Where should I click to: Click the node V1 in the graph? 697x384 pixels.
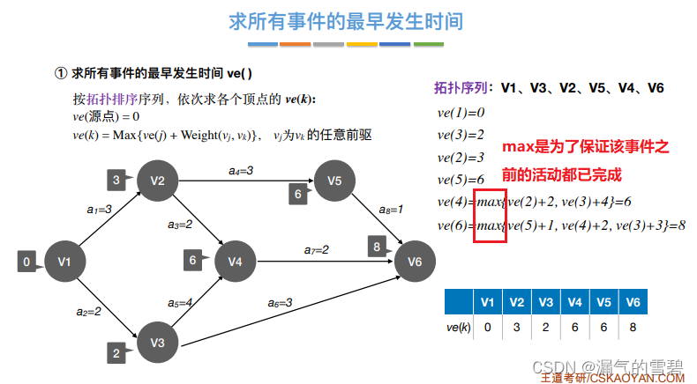pyautogui.click(x=64, y=261)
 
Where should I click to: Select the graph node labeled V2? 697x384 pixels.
pyautogui.click(x=158, y=181)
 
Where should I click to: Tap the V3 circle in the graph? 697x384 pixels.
pyautogui.click(x=157, y=341)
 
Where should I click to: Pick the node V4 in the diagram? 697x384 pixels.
pyautogui.click(x=234, y=261)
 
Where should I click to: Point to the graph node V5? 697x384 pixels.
pyautogui.click(x=334, y=181)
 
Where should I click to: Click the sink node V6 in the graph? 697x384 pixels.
pyautogui.click(x=415, y=261)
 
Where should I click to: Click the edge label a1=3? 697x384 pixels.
pyautogui.click(x=99, y=210)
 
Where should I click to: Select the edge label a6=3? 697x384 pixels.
pyautogui.click(x=280, y=303)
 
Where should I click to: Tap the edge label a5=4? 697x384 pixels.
pyautogui.click(x=181, y=303)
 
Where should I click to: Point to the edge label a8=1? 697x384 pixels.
pyautogui.click(x=391, y=210)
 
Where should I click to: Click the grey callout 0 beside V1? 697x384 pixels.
pyautogui.click(x=27, y=262)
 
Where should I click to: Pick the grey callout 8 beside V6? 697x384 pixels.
pyautogui.click(x=377, y=247)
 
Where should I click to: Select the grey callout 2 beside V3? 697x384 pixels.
pyautogui.click(x=116, y=354)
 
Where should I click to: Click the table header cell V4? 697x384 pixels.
pyautogui.click(x=574, y=302)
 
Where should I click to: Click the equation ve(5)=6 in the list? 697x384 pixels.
pyautogui.click(x=461, y=179)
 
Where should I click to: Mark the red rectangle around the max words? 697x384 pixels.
pyautogui.click(x=490, y=212)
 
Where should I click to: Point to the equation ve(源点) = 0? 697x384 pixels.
pyautogui.click(x=106, y=116)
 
